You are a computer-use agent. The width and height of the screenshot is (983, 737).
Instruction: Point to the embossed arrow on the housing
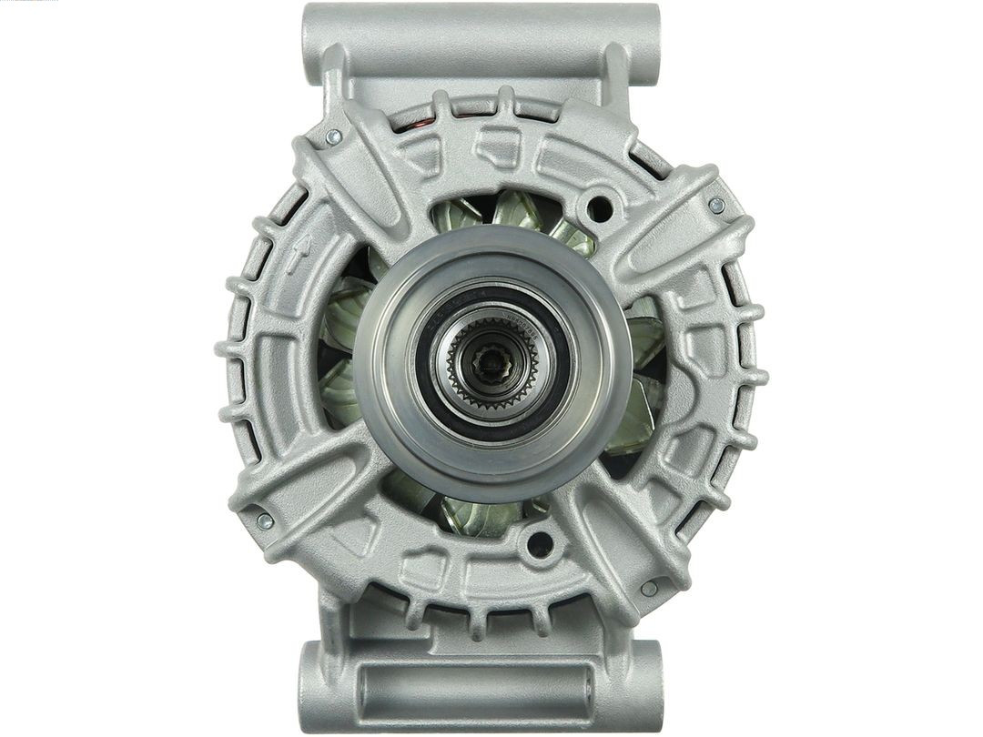click(x=297, y=254)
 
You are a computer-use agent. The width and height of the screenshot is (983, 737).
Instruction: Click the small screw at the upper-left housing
click(x=334, y=136)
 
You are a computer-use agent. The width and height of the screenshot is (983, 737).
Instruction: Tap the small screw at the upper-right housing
click(x=716, y=205)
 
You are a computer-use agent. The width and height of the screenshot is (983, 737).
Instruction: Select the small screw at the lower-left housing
click(x=264, y=520)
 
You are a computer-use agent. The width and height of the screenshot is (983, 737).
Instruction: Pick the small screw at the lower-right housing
click(x=649, y=589)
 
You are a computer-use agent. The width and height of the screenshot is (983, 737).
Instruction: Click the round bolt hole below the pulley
click(x=539, y=544)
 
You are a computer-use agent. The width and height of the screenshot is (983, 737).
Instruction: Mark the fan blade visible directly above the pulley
click(x=515, y=211)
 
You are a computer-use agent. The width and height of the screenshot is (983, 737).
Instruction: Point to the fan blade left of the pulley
click(x=339, y=309)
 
